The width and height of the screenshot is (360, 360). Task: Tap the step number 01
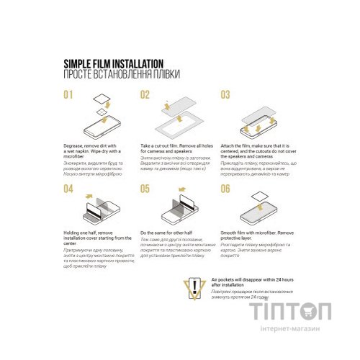coord(68,94)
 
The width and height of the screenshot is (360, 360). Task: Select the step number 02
coord(145,94)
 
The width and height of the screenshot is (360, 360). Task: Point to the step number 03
coord(225,94)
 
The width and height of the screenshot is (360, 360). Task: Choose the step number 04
coord(68,189)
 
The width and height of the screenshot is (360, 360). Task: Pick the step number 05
coord(145,189)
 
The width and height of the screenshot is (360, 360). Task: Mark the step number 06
coord(225,189)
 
